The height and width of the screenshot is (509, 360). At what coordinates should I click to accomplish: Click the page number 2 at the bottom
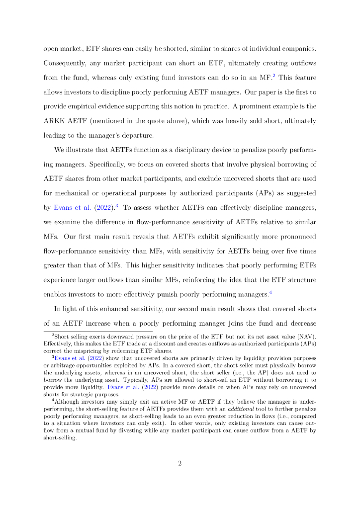[180, 464]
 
